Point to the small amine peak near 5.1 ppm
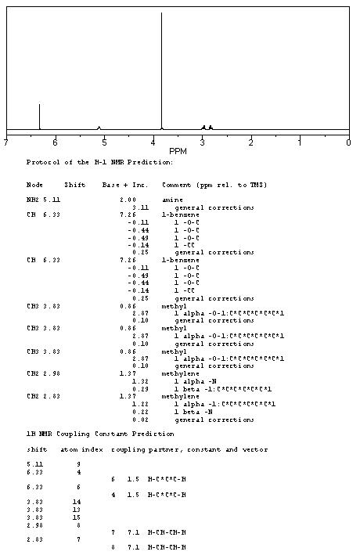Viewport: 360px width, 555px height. pos(99,127)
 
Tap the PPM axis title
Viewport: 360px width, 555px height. pos(178,151)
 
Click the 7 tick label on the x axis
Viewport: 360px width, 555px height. pos(6,142)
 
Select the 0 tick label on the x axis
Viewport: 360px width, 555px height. pos(348,142)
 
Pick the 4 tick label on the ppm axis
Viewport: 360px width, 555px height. pos(153,142)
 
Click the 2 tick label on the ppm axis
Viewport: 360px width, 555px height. pos(251,142)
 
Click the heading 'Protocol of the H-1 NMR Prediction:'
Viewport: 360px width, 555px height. pos(99,162)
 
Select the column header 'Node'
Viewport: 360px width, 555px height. pos(34,185)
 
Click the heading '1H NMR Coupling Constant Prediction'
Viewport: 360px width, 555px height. pos(100,433)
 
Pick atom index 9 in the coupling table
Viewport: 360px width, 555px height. pos(78,464)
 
